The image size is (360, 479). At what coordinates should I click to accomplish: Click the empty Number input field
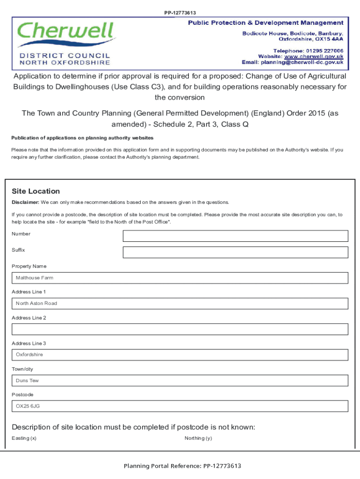235,236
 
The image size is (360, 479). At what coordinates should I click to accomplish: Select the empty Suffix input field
235,252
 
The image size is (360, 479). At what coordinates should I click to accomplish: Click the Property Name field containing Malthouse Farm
180,278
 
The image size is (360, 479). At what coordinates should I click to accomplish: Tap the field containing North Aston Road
180,304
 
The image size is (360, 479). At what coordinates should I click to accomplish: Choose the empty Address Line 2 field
180,329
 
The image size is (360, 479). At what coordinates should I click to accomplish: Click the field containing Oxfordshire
180,355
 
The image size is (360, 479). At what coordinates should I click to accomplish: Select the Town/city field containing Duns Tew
180,380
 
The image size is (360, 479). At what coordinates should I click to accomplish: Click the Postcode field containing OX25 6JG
180,406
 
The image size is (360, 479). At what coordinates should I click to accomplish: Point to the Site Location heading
36,191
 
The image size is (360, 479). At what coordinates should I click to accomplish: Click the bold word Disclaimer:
25,203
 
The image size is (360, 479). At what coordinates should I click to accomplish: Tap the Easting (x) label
24,438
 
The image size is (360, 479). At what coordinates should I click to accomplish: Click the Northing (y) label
198,438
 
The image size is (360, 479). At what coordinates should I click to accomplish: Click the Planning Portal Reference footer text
182,466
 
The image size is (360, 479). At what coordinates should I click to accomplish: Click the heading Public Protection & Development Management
266,23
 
